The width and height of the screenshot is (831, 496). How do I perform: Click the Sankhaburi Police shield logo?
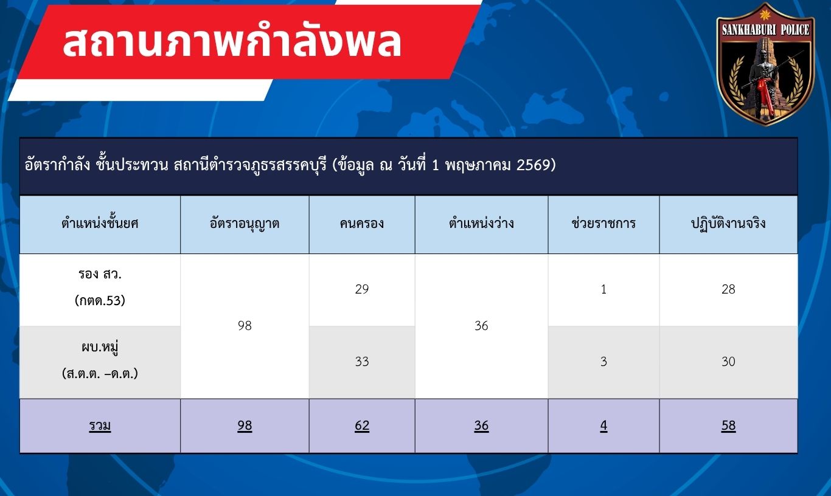click(765, 64)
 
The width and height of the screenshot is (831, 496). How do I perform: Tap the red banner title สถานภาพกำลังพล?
click(232, 42)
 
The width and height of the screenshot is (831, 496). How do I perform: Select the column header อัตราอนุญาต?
click(245, 224)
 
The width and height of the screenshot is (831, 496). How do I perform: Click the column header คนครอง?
click(362, 224)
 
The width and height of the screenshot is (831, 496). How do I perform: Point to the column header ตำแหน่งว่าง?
click(481, 223)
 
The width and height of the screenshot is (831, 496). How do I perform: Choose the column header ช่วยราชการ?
click(603, 223)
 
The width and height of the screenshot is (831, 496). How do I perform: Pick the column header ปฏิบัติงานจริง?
click(728, 224)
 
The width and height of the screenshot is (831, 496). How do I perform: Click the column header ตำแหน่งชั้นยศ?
click(100, 223)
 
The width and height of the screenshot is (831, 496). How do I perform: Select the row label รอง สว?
click(100, 274)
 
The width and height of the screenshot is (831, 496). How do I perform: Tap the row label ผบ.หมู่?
click(100, 347)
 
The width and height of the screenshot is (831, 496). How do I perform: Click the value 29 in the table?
click(362, 289)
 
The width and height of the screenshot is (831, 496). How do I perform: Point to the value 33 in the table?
click(362, 362)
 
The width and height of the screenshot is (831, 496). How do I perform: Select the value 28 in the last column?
click(728, 289)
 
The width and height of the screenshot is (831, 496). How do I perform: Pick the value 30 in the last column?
click(728, 362)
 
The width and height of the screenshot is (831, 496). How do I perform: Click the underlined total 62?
click(362, 425)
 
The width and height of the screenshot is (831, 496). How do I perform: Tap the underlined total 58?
click(728, 425)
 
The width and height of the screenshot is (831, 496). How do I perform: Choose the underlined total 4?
click(603, 425)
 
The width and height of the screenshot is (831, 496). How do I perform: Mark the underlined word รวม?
click(100, 426)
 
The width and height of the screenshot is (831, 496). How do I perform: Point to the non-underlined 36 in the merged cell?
click(481, 326)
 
